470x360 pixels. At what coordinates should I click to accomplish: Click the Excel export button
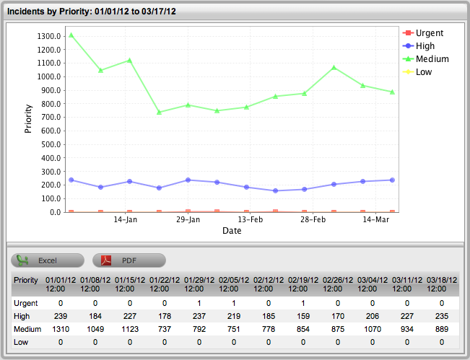click(x=48, y=260)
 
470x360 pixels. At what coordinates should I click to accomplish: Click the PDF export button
click(x=129, y=260)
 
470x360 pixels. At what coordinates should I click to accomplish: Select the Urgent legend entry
click(x=429, y=33)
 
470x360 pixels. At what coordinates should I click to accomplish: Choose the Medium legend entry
click(x=432, y=59)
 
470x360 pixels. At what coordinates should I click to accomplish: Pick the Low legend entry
click(x=424, y=72)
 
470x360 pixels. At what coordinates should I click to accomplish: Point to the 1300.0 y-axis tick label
click(x=46, y=36)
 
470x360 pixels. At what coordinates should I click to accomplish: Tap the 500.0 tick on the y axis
click(x=48, y=144)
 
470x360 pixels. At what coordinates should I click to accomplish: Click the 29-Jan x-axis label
click(x=188, y=219)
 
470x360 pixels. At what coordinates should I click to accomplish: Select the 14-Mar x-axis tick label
click(x=375, y=219)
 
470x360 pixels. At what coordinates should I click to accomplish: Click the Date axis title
click(x=232, y=231)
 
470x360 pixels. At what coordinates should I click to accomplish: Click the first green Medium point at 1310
click(x=71, y=35)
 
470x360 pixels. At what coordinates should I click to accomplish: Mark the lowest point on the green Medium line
click(x=159, y=113)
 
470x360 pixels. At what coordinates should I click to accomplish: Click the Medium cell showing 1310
click(x=61, y=329)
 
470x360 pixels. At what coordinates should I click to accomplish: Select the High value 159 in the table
click(x=303, y=316)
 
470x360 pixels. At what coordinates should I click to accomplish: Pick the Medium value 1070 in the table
click(x=373, y=329)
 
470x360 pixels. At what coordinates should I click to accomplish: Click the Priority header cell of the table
click(x=26, y=279)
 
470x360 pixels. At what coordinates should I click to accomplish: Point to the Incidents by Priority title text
click(x=92, y=12)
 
